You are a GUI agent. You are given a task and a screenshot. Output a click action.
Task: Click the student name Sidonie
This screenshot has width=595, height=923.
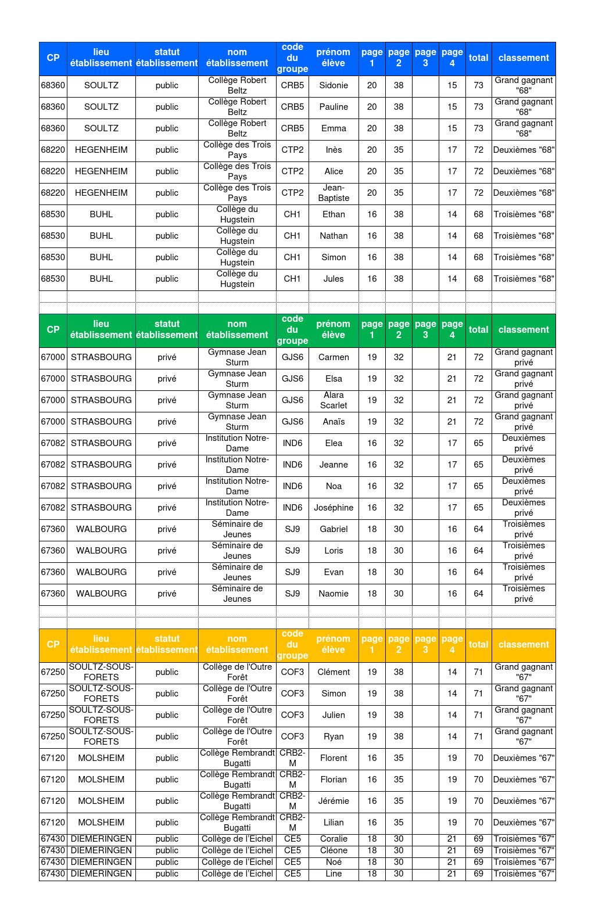coord(334,85)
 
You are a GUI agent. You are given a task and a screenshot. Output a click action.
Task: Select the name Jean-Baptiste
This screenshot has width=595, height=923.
coord(334,193)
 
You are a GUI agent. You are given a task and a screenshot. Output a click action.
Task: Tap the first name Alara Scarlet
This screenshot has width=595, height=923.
coord(334,400)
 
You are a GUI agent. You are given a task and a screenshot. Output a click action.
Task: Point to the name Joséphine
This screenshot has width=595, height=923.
coord(334,508)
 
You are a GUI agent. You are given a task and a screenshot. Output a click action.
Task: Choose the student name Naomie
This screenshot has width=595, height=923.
coord(334,594)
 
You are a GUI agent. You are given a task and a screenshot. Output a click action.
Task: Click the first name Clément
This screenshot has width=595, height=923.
coord(334,672)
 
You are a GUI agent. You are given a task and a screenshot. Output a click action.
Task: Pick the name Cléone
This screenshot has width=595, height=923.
coord(334,850)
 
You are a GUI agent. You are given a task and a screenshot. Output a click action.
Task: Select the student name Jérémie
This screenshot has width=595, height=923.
coord(334,801)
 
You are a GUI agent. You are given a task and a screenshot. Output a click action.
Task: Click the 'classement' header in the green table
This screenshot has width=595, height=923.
coord(524,330)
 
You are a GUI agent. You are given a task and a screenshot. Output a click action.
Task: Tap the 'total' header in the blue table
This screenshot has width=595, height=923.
coord(478,58)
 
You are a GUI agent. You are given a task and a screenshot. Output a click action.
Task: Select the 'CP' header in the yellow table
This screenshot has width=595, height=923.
coord(53,645)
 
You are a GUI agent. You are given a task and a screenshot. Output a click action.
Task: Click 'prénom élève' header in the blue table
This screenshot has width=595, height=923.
coord(334,58)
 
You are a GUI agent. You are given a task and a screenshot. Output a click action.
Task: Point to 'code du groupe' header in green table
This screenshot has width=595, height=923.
coord(292,330)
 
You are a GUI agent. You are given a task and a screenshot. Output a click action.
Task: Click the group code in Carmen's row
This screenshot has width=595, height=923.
coord(292,357)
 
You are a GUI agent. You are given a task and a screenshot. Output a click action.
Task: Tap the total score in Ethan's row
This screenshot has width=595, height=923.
coord(478,214)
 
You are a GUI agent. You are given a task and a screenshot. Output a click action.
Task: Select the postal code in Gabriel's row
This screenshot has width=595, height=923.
coord(53,529)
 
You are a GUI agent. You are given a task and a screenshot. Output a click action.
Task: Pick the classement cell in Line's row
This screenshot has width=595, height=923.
coord(524,874)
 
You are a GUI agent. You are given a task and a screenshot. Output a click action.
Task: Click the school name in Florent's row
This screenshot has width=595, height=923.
coord(237,758)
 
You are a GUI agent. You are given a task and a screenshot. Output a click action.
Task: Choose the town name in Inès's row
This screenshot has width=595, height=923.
coord(101,150)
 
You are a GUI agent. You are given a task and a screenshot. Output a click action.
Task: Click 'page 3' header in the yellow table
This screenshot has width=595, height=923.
coord(425,645)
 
